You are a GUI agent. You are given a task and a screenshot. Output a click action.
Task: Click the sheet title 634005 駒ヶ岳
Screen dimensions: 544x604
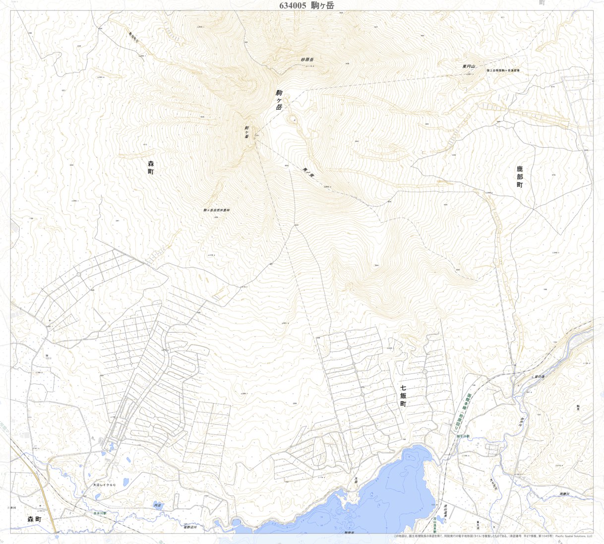click(306, 5)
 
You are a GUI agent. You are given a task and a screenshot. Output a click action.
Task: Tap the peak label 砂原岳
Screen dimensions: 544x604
click(307, 60)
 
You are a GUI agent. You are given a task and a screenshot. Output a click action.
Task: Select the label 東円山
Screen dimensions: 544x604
click(469, 66)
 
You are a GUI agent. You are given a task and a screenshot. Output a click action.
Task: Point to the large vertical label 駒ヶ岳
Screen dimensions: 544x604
click(279, 100)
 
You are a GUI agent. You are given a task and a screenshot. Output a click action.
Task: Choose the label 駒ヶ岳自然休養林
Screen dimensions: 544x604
click(216, 210)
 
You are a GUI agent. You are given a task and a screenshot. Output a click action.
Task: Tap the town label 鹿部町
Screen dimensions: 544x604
click(520, 177)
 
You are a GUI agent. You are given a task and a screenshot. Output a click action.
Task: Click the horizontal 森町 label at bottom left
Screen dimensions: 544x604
click(35, 519)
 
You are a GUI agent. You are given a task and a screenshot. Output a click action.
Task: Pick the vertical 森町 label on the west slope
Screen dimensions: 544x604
click(151, 167)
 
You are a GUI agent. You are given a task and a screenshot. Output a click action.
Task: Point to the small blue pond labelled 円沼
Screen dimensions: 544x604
click(158, 505)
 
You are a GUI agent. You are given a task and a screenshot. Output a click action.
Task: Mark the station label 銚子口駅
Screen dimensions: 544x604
click(463, 436)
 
